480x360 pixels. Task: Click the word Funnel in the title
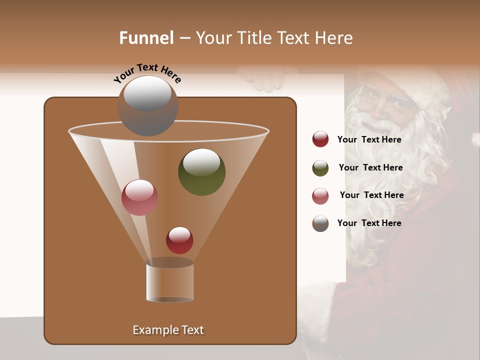click(146, 38)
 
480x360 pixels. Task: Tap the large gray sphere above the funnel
click(147, 105)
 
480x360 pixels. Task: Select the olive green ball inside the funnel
click(201, 171)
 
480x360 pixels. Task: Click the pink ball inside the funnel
click(139, 197)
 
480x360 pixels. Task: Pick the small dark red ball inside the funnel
click(179, 240)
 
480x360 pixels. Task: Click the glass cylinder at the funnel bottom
click(169, 282)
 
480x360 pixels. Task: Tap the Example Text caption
click(168, 330)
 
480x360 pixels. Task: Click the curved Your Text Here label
click(147, 72)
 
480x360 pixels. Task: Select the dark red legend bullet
click(320, 139)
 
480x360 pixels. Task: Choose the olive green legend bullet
click(320, 168)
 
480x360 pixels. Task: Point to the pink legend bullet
click(320, 196)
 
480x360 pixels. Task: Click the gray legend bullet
click(320, 223)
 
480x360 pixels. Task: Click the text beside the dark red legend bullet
click(369, 139)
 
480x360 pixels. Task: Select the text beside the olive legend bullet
click(370, 167)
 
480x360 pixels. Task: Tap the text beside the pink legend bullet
click(371, 195)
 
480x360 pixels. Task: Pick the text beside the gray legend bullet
click(369, 223)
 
